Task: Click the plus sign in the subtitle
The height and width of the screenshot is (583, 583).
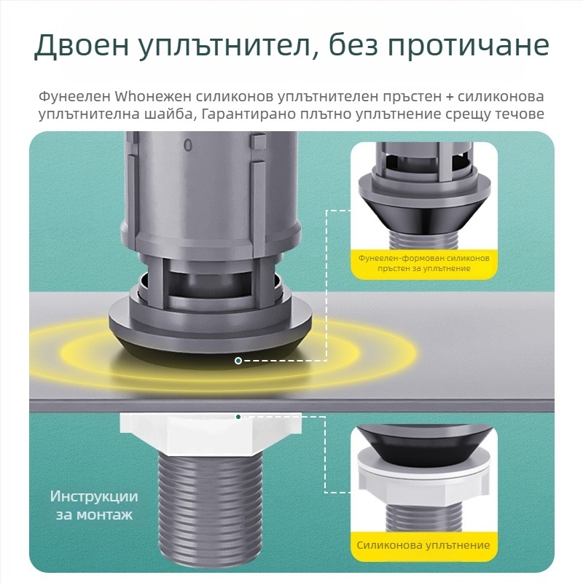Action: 450,97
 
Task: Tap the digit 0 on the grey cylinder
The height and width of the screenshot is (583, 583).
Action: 188,146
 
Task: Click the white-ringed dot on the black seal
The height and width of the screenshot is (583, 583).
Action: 238,360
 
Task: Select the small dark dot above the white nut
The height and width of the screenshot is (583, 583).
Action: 238,416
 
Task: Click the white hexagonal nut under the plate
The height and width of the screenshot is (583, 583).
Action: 211,433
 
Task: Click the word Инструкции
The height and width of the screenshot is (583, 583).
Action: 94,497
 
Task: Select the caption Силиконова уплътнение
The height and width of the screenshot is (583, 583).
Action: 423,545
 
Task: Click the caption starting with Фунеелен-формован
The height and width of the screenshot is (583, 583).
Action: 424,263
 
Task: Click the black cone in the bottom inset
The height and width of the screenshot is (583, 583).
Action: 424,442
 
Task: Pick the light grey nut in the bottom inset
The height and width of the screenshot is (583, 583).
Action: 424,480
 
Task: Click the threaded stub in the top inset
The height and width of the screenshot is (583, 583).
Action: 424,239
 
